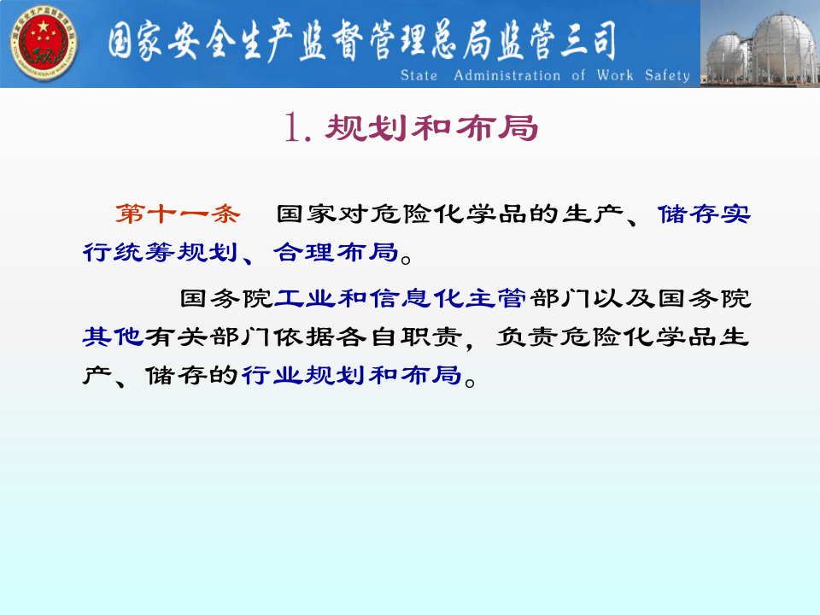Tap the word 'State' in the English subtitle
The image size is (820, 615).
419,76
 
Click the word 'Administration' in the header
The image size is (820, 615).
507,76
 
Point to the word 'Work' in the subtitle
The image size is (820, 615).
615,76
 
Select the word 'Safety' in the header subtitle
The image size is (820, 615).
667,76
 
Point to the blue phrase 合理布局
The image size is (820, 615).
336,253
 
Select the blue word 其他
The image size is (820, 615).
112,337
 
